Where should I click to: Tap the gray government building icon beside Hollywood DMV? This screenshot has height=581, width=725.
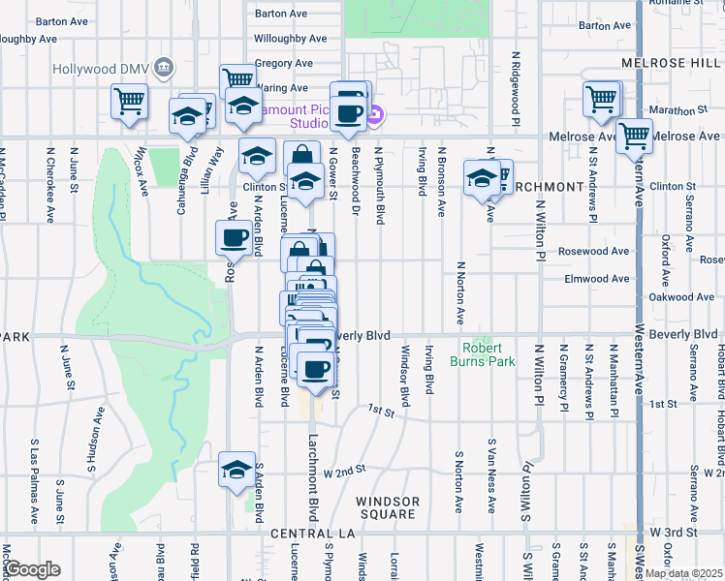tap(164, 69)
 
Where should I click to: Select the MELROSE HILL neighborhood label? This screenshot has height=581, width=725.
tap(670, 62)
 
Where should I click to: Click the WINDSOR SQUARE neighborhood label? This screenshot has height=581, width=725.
tap(388, 507)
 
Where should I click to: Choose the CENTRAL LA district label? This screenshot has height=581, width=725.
tap(314, 535)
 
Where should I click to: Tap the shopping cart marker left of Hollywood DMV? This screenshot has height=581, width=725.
tap(129, 100)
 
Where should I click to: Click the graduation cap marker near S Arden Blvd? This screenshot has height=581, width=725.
tap(236, 471)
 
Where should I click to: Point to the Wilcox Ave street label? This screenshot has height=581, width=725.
tap(143, 171)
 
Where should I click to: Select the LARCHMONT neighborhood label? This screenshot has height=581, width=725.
tap(549, 186)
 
